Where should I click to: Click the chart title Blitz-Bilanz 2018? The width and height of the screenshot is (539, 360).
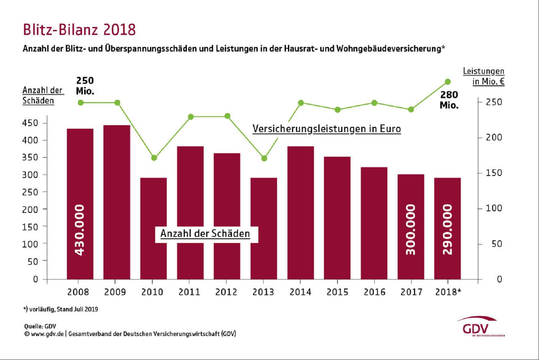coord(79,30)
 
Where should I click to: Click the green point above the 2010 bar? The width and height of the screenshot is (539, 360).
coord(154,158)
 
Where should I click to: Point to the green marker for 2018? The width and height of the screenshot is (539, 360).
coord(448,82)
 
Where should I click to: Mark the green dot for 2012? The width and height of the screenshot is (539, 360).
coord(227,116)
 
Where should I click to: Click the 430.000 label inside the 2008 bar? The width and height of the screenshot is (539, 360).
coord(80,230)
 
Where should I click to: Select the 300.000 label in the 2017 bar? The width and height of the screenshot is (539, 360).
coord(411,230)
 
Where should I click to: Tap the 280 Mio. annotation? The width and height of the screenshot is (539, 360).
coord(449,100)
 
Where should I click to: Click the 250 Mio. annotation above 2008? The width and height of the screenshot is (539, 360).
coord(85,86)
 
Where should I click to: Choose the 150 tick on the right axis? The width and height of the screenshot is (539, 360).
coord(494,173)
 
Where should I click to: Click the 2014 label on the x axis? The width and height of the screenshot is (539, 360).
coord(300,292)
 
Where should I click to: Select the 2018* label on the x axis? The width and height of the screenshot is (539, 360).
coord(448,292)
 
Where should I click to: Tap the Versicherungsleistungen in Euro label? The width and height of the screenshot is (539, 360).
coord(327,129)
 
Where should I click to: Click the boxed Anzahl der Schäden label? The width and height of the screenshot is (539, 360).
coord(205,234)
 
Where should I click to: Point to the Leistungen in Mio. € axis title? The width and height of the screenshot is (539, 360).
coord(484,76)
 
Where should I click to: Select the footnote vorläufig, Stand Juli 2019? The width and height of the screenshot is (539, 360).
coord(61,309)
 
